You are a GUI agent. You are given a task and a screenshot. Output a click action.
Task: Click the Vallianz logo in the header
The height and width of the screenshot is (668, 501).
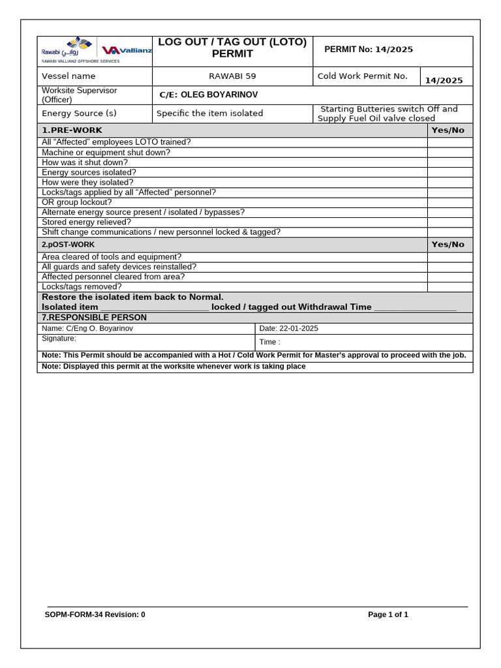pos(127,50)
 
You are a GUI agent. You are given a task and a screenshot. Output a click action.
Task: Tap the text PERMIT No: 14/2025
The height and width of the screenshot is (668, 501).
pos(368,50)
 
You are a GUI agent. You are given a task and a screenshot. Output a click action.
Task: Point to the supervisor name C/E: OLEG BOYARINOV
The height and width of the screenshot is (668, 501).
pos(208,95)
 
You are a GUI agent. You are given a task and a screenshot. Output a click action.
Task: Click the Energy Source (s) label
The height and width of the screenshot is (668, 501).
pos(79,114)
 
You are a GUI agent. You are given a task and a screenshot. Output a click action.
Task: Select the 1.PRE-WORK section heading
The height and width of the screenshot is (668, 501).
pos(72,130)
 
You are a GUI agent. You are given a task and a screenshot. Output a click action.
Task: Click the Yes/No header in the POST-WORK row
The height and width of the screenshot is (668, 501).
pos(448,245)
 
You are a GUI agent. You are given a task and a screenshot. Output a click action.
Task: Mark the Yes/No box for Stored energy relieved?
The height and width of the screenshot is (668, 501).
pos(449,222)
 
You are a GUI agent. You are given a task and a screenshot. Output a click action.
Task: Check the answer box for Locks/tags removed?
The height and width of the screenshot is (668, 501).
pos(449,287)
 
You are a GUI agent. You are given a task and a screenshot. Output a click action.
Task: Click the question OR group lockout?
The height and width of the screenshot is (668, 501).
pos(76,202)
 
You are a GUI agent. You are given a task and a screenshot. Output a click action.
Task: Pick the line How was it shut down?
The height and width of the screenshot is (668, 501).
pos(85,162)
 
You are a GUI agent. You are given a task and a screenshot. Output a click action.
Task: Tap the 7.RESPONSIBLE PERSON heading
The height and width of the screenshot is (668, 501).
pos(94,318)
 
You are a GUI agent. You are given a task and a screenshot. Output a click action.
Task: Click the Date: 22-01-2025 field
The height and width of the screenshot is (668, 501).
pos(289,329)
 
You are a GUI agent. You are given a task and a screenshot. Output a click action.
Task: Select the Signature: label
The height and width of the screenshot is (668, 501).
pos(59,339)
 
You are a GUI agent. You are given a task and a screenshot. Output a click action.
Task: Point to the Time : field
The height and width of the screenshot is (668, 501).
pos(270,342)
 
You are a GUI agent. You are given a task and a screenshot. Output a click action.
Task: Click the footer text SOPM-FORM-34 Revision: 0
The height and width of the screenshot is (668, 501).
pos(95,615)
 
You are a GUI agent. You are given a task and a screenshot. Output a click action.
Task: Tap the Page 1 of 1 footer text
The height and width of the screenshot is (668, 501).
pos(388,615)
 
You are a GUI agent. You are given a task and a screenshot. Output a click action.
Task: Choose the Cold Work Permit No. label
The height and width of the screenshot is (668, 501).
pos(362,76)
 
